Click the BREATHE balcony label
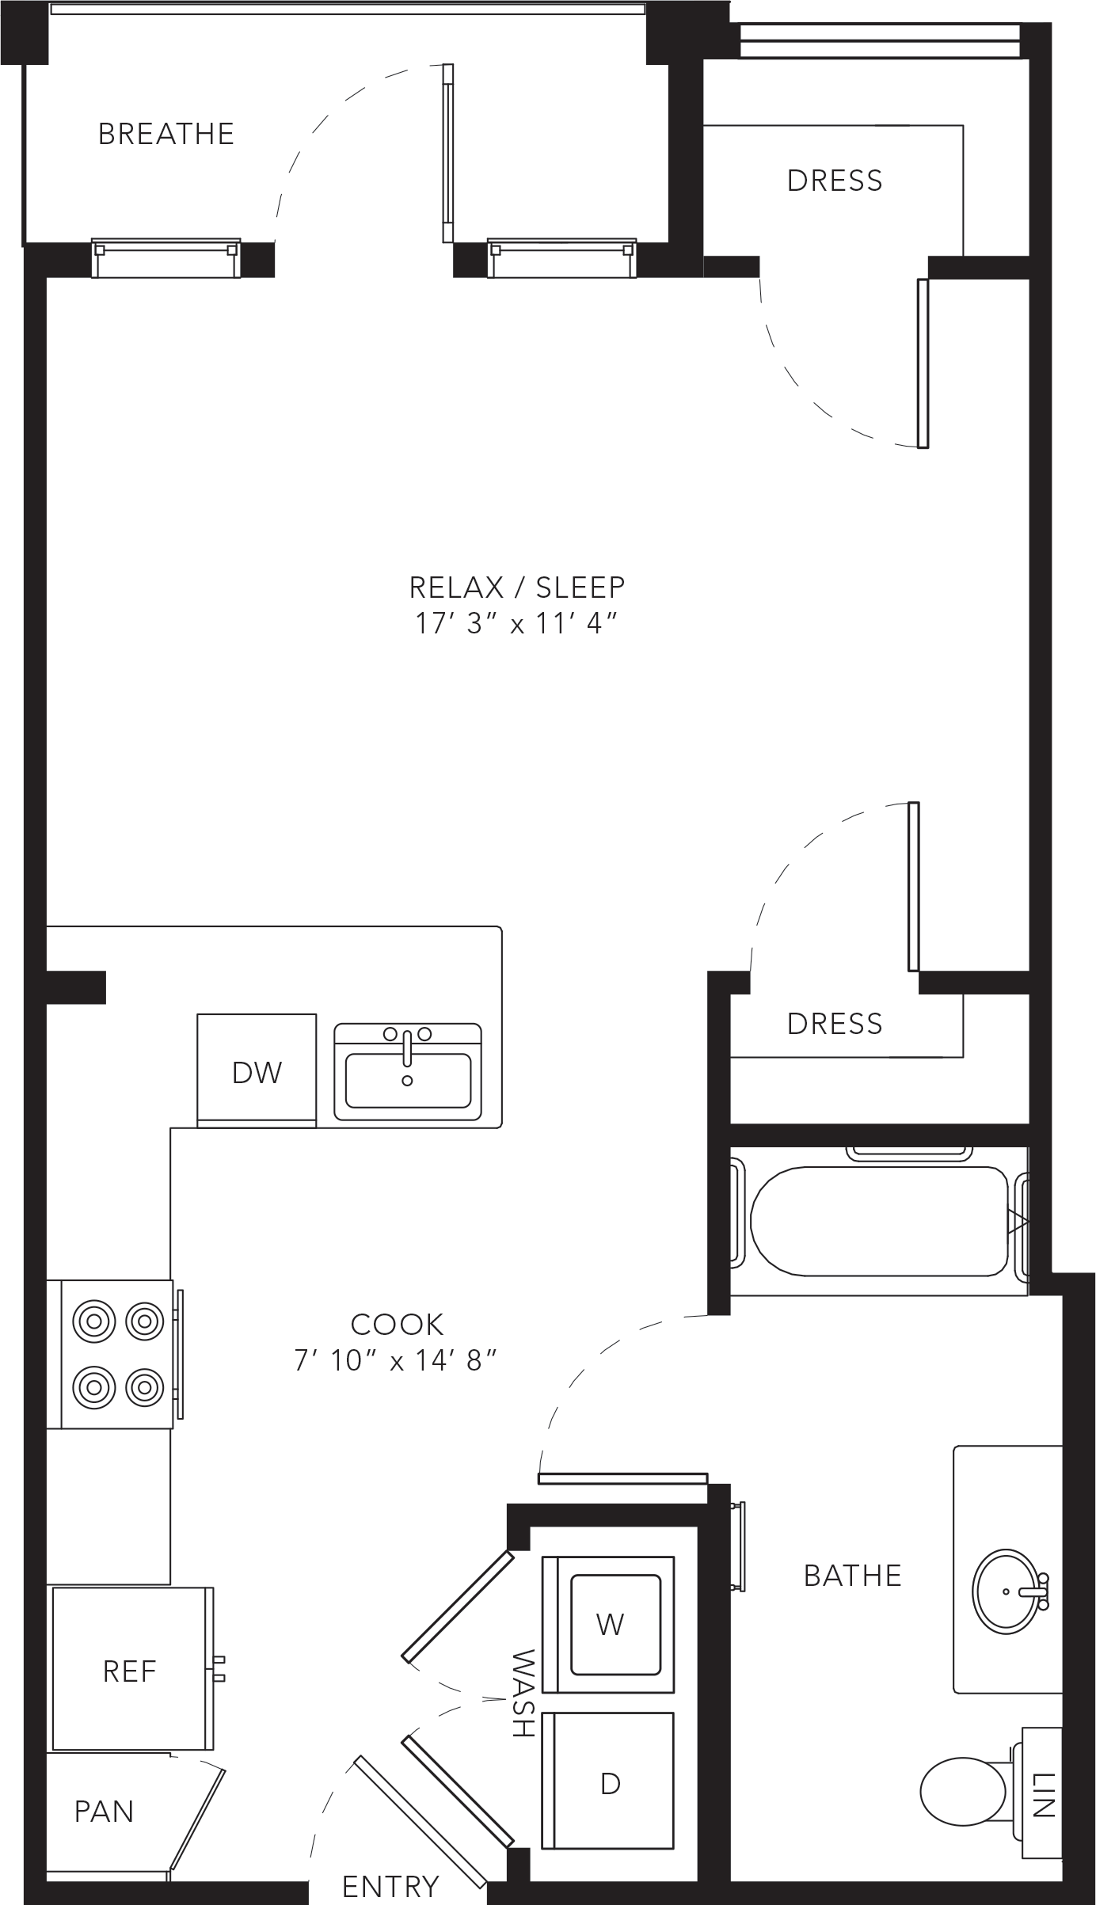(166, 134)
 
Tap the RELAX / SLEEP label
(517, 587)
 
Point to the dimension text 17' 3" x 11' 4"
(516, 624)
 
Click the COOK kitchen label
(397, 1324)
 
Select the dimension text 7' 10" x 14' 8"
(396, 1360)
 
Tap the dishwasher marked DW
(257, 1070)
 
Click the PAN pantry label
(104, 1812)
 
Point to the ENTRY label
(390, 1887)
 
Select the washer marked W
(608, 1624)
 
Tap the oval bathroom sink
(1007, 1591)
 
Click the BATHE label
(853, 1576)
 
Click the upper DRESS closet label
(835, 181)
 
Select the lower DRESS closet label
(835, 1024)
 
